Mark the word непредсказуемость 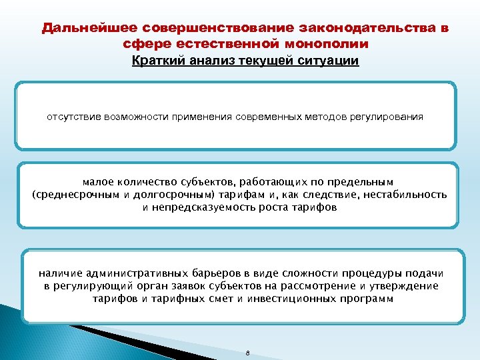pyautogui.click(x=201, y=207)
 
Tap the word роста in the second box pyautogui.click(x=273, y=207)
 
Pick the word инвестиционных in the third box pyautogui.click(x=292, y=299)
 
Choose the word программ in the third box pyautogui.click(x=366, y=299)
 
